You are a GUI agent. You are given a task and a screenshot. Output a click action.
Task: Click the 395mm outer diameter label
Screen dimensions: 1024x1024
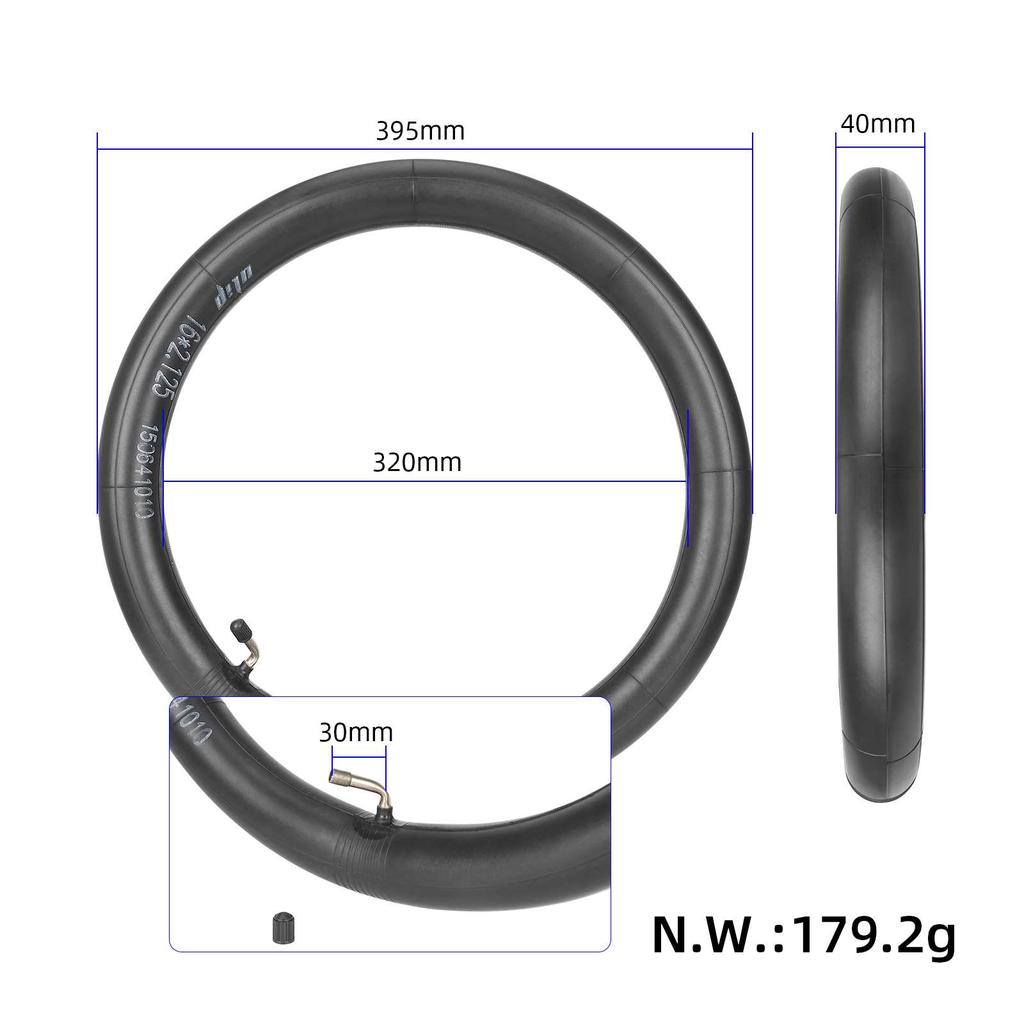click(x=420, y=131)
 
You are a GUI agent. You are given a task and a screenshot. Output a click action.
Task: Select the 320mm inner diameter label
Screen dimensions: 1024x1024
click(x=417, y=462)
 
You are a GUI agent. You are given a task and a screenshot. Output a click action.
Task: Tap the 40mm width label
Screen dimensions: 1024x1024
click(x=877, y=124)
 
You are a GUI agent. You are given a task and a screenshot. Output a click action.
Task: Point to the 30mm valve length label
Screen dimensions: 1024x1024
click(x=356, y=732)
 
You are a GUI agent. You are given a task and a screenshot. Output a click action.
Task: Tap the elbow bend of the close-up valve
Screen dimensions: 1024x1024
click(x=378, y=790)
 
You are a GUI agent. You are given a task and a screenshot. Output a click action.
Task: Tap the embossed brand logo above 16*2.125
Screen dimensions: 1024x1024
click(x=229, y=291)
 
